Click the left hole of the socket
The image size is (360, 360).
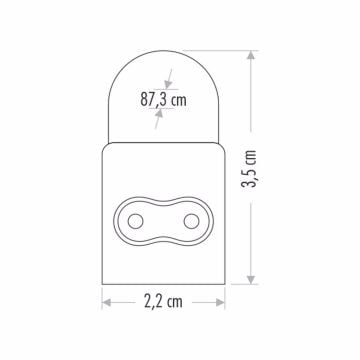click(x=135, y=219)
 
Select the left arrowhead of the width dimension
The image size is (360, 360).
click(x=106, y=300)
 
